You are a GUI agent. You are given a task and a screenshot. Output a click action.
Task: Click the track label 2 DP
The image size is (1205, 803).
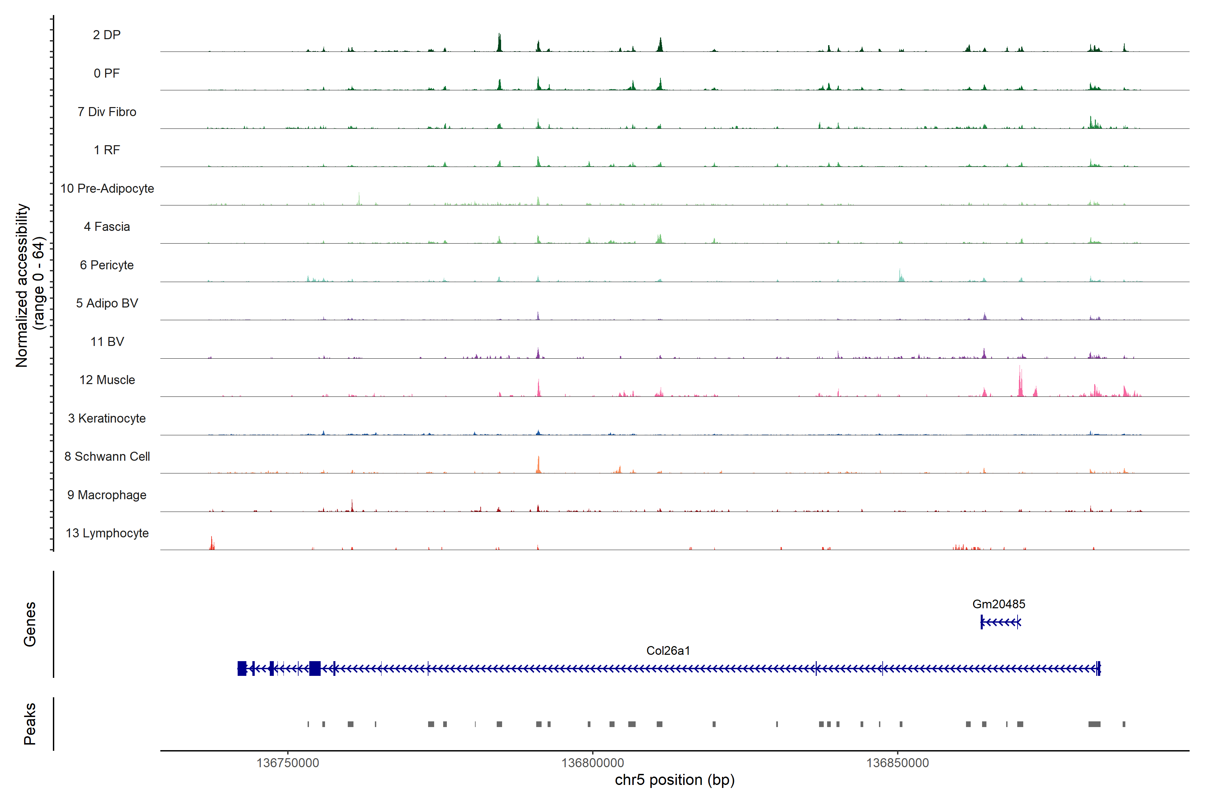tap(106, 35)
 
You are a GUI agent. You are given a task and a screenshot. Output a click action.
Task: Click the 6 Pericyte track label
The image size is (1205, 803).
tap(106, 265)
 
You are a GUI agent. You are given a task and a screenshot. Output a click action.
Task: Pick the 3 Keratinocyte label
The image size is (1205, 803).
tap(106, 419)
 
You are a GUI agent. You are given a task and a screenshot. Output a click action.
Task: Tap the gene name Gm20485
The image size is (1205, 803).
tap(998, 604)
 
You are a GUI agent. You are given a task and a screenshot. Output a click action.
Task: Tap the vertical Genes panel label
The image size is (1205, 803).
tap(30, 624)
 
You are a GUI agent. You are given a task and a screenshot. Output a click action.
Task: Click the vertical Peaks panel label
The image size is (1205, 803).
tap(30, 724)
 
